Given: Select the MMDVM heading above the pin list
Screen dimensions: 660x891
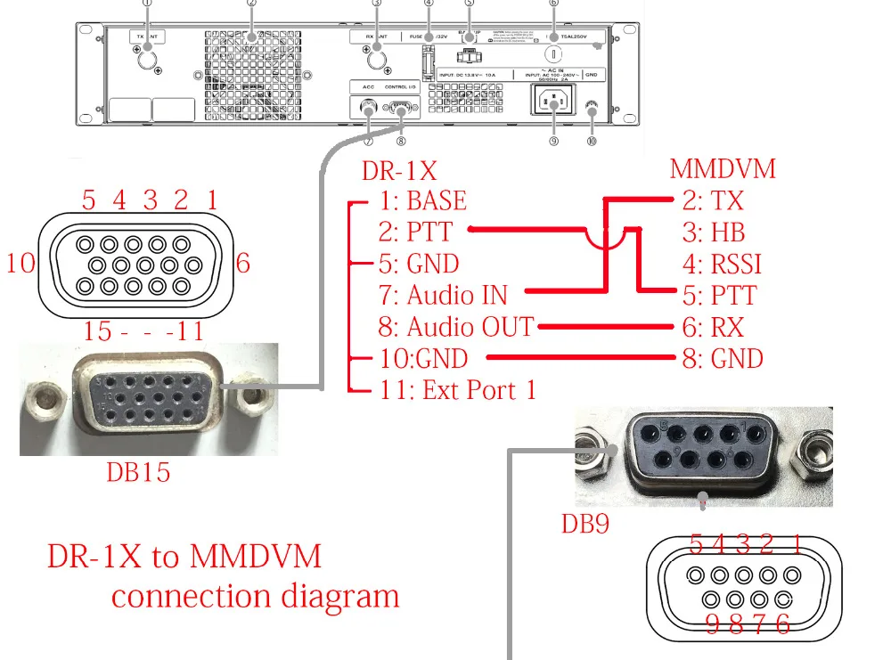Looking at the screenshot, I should click(x=723, y=168).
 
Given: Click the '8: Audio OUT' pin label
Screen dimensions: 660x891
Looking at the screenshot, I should click(x=455, y=327).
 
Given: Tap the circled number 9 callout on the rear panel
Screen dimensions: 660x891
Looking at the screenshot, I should click(x=553, y=141).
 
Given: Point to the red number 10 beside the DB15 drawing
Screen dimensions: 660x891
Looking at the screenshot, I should click(x=22, y=264).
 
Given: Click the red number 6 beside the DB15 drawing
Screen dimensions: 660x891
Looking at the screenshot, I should click(x=243, y=263).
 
